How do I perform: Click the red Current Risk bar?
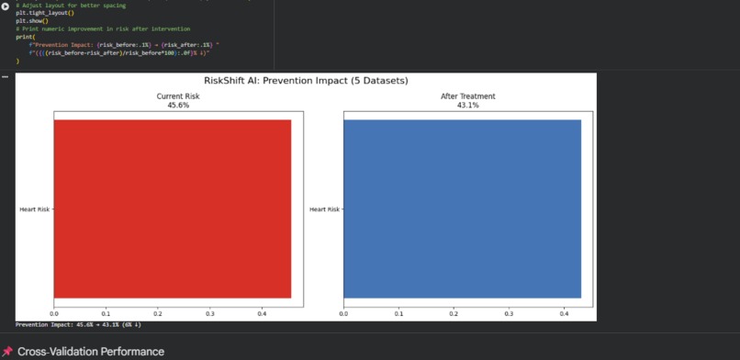click(x=173, y=208)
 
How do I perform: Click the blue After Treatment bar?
click(x=462, y=208)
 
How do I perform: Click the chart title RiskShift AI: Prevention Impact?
click(x=307, y=81)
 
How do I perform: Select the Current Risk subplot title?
click(x=172, y=96)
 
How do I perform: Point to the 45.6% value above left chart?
click(x=172, y=105)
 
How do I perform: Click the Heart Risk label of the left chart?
click(x=34, y=209)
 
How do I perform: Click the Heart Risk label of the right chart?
click(x=324, y=209)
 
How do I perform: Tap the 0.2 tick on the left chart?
click(x=158, y=313)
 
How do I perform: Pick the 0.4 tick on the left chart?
click(x=262, y=313)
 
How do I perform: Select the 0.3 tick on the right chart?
click(x=509, y=313)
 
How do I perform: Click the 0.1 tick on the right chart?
click(x=398, y=313)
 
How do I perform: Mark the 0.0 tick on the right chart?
click(x=343, y=313)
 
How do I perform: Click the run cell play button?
click(x=6, y=6)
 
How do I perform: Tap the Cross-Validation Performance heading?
click(x=91, y=352)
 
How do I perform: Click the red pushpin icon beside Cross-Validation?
click(x=7, y=352)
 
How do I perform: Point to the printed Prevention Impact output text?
click(x=78, y=324)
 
